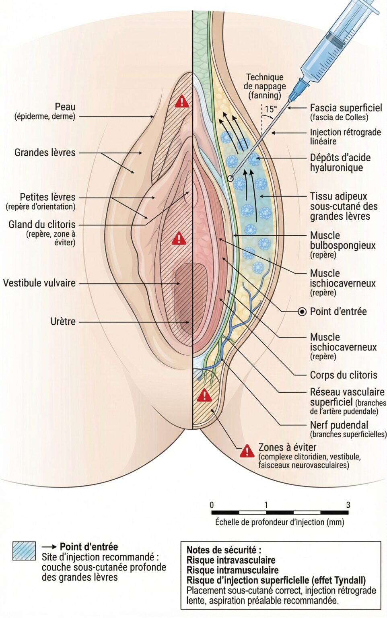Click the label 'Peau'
coord(65,107)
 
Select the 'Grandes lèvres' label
coord(45,152)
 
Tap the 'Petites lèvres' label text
coord(47,197)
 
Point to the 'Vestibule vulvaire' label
coord(39,283)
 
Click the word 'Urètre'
coord(63,321)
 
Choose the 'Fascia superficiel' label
coord(346,108)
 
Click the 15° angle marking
coord(271,109)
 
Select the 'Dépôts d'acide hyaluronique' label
coord(340,163)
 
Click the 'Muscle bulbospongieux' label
coord(343,240)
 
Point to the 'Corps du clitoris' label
coord(344,375)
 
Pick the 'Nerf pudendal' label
coord(339,424)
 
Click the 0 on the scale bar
coord(212,505)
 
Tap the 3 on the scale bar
coord(348,505)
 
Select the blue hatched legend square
coord(24,551)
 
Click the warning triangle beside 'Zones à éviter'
coord(247,451)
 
